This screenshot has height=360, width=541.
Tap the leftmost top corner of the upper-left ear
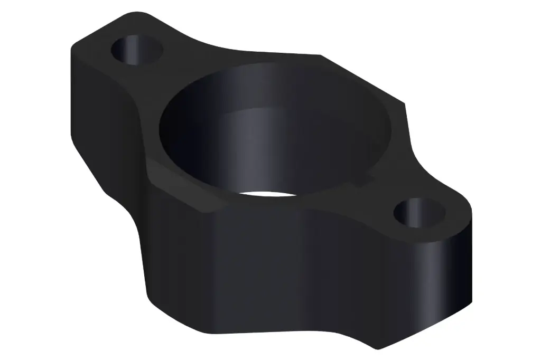(73, 48)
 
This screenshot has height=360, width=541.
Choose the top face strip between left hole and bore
(158, 79)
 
